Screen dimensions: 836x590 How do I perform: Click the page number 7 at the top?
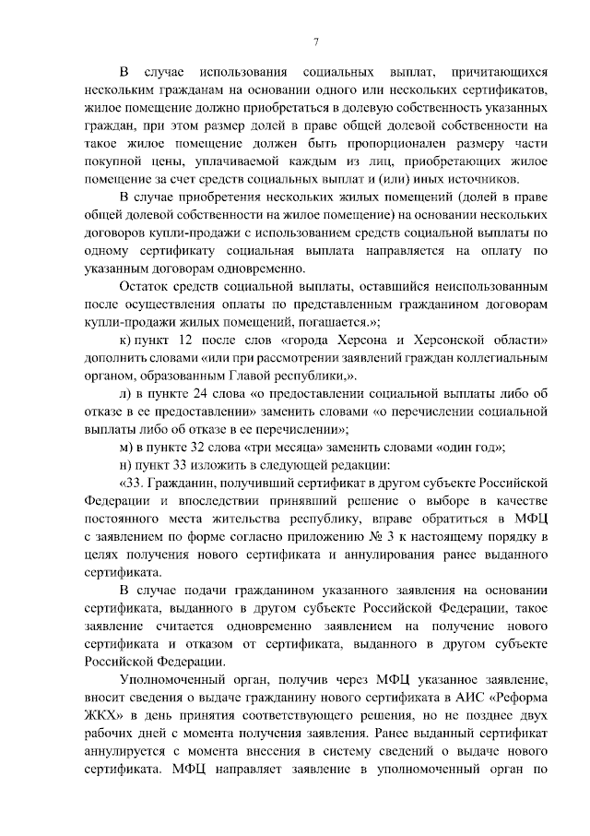point(315,42)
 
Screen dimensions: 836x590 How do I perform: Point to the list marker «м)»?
point(126,448)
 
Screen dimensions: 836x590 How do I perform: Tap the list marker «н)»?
point(125,465)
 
